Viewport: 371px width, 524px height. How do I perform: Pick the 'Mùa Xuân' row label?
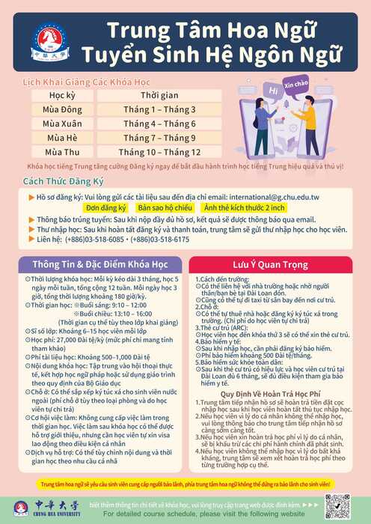[x=66, y=124]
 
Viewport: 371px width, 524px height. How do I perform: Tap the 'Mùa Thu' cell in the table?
[x=66, y=152]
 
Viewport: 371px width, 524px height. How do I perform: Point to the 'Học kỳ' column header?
[x=66, y=96]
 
